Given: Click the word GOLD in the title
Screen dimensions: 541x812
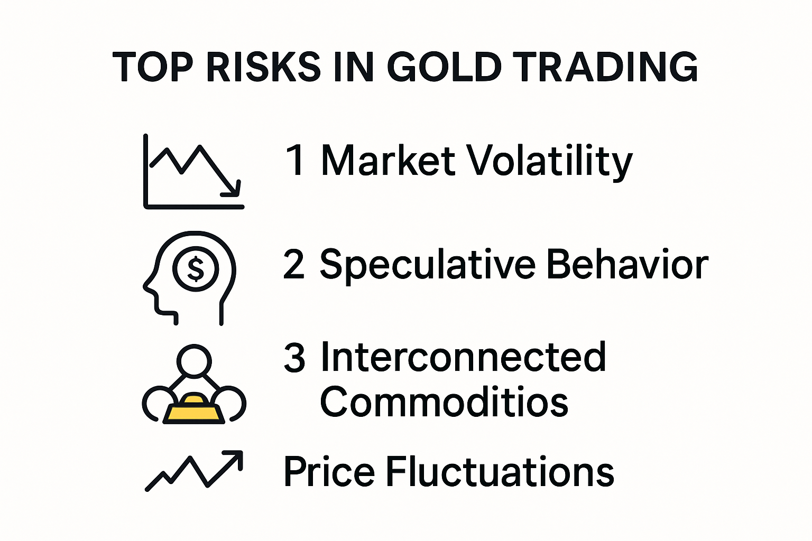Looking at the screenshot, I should pyautogui.click(x=444, y=67).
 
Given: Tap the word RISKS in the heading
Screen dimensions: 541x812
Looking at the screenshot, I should pyautogui.click(x=263, y=67).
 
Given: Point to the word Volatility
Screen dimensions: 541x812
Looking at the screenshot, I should pyautogui.click(x=550, y=161).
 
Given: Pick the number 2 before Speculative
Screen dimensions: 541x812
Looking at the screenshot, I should pyautogui.click(x=294, y=264).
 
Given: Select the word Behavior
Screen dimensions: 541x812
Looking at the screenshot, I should pyautogui.click(x=627, y=264).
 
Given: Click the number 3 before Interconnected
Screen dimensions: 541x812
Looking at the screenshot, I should pyautogui.click(x=294, y=358).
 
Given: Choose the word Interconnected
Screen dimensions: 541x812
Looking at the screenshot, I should pyautogui.click(x=463, y=358).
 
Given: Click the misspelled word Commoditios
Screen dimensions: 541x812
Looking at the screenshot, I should pyautogui.click(x=444, y=402).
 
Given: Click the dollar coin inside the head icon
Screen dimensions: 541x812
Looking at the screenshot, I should pyautogui.click(x=196, y=269).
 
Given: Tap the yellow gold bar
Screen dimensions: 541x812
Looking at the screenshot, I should pyautogui.click(x=193, y=409).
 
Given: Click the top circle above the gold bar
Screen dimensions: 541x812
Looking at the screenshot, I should pyautogui.click(x=194, y=361).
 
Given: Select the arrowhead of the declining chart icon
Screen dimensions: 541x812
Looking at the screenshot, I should pyautogui.click(x=234, y=190).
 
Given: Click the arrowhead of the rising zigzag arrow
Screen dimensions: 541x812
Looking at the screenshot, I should pyautogui.click(x=236, y=457).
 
